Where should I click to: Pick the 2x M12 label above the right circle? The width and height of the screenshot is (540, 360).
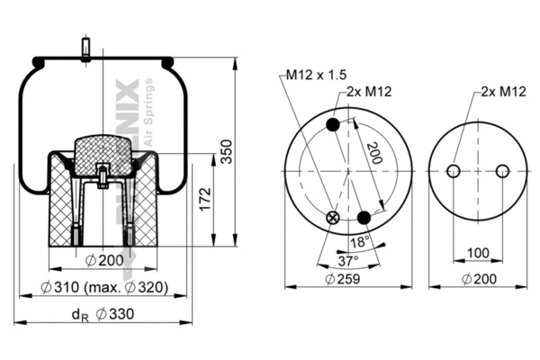tap(503, 92)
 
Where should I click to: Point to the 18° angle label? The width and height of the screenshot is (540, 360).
tap(359, 242)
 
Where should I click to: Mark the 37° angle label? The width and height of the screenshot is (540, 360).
tap(347, 260)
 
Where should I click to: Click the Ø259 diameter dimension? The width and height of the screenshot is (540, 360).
tap(347, 279)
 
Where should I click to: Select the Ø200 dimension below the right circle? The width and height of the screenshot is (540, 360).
tap(477, 279)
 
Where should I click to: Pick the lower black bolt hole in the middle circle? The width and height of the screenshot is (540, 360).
tap(364, 218)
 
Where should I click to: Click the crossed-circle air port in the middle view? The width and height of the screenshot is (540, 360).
tap(334, 217)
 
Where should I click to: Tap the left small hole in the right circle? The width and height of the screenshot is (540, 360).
tap(454, 171)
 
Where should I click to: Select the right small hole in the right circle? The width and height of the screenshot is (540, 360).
tap(502, 171)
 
